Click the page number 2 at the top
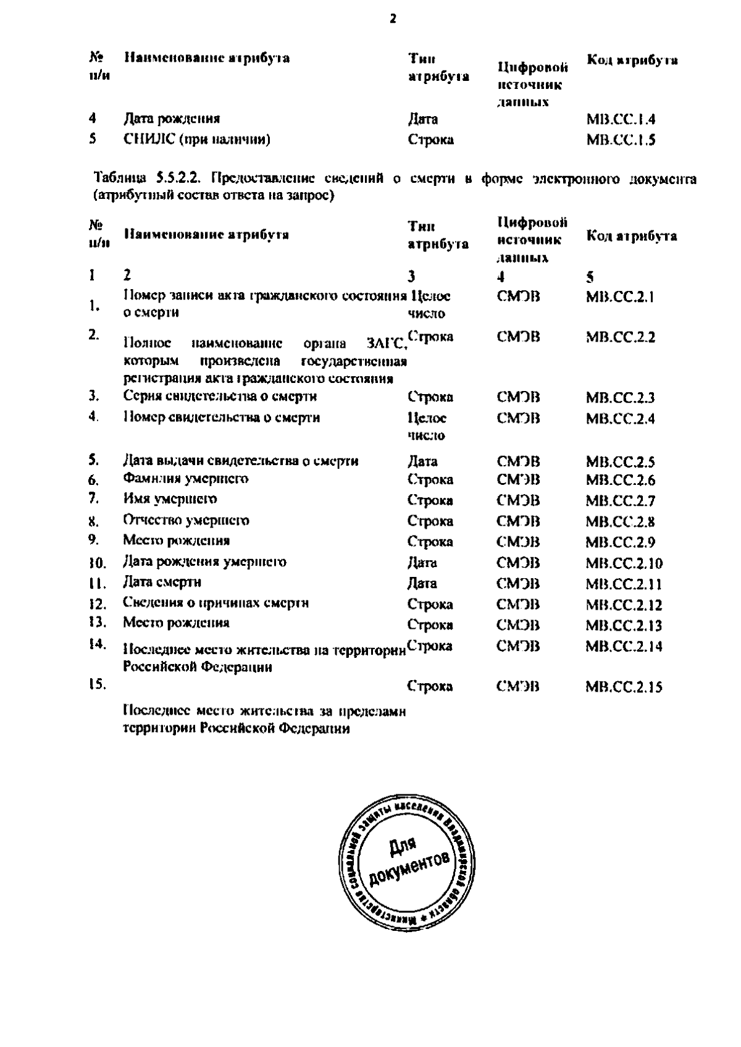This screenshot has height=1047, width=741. tap(393, 19)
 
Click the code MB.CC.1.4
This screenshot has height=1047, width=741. tap(620, 119)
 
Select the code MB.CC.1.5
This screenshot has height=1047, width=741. tap(620, 140)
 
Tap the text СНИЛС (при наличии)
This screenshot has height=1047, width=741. tap(196, 140)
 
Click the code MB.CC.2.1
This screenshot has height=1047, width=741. tap(619, 297)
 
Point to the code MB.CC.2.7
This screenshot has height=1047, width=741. tap(620, 501)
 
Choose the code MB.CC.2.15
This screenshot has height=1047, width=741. tap(624, 687)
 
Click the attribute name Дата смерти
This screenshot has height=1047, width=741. tap(162, 582)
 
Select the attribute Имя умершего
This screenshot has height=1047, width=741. tap(170, 499)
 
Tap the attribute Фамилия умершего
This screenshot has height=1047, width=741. tap(185, 479)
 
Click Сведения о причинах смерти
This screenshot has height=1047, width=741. tap(216, 603)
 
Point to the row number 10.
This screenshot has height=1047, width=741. tap(98, 563)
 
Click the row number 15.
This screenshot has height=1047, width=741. tap(98, 684)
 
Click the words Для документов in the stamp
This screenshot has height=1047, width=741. tap(408, 860)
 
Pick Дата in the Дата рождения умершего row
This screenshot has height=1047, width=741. tap(422, 563)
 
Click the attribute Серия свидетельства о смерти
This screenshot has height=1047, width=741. tap(220, 396)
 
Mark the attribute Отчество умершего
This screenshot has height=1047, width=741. tap(186, 520)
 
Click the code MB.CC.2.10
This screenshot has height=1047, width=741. tap(624, 563)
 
